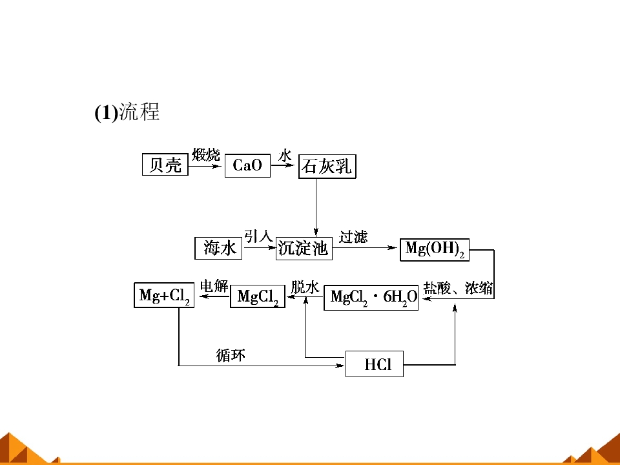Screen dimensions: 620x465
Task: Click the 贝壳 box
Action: (x=165, y=165)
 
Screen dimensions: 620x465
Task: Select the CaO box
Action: (x=247, y=165)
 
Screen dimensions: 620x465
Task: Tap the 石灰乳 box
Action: (x=327, y=167)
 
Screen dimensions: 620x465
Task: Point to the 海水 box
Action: (x=218, y=248)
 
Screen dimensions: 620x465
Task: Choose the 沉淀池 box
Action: (x=304, y=248)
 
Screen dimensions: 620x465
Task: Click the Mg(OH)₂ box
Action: (x=435, y=249)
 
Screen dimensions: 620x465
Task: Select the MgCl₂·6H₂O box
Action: (x=371, y=297)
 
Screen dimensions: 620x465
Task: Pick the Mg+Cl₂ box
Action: (x=164, y=295)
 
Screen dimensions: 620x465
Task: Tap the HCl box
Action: (x=375, y=364)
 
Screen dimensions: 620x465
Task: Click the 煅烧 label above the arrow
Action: (x=205, y=154)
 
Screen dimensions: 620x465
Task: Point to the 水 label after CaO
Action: (x=285, y=156)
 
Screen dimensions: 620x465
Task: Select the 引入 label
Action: (x=258, y=236)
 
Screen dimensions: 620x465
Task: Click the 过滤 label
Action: (x=353, y=237)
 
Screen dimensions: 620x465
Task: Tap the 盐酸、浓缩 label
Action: (x=458, y=288)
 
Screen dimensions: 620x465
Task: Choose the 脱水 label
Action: (x=305, y=287)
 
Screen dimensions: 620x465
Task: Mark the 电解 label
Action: (x=214, y=285)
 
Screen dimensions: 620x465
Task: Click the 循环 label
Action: (x=231, y=355)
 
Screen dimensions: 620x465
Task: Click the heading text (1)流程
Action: (x=127, y=112)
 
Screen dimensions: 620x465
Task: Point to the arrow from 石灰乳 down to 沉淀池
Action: (x=316, y=207)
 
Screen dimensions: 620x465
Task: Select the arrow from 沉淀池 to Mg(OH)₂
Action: (x=364, y=248)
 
